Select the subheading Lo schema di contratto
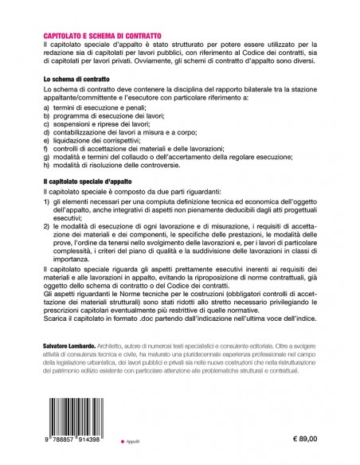[x=76, y=81]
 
